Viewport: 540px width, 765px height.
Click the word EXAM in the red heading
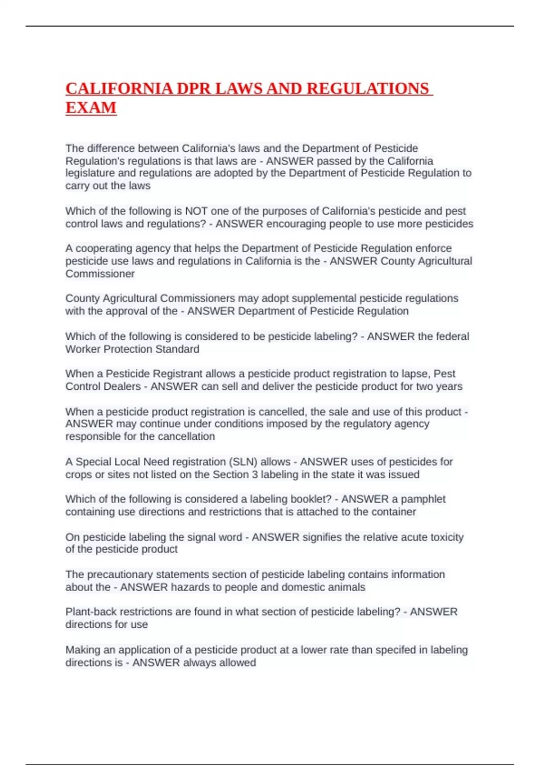91,108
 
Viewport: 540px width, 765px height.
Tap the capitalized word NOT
196,211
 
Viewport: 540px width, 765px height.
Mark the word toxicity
447,537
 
